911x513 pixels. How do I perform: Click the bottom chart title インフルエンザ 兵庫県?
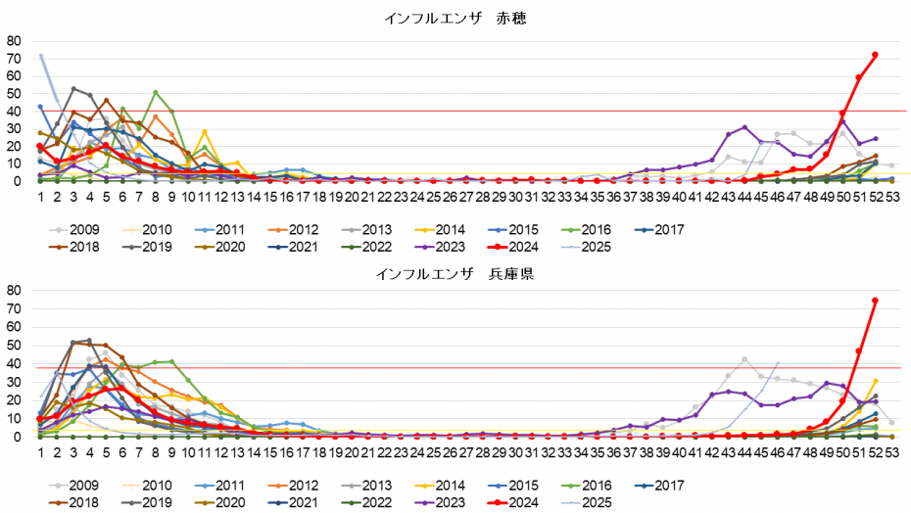[455, 273]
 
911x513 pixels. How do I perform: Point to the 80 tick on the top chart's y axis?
[14, 41]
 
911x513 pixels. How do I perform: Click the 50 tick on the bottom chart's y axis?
[14, 346]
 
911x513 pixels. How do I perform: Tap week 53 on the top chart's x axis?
[891, 196]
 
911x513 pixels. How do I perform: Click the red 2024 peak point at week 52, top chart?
[875, 55]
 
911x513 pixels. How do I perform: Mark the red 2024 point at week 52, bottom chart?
[875, 301]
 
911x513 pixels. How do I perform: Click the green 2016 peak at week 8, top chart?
[155, 92]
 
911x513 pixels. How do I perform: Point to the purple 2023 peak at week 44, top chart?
[744, 127]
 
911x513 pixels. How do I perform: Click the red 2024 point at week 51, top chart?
[859, 77]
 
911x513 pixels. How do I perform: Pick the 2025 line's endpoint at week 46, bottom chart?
[778, 362]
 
